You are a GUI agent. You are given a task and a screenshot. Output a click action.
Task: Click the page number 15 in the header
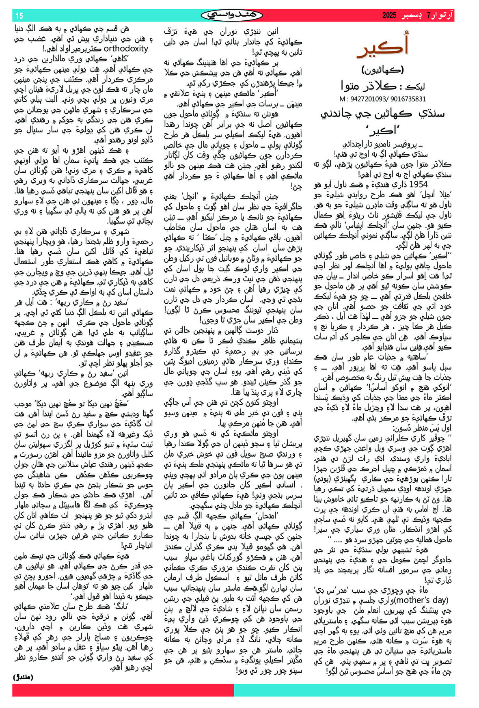click(19, 16)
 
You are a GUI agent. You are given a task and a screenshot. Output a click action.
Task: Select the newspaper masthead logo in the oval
click(232, 15)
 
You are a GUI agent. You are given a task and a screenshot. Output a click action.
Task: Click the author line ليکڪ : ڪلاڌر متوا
click(383, 86)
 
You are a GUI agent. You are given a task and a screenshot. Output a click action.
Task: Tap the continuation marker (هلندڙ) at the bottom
click(24, 677)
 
